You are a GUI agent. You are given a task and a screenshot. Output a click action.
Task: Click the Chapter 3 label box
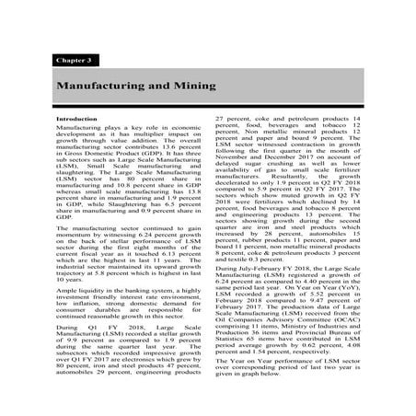pyautogui.click(x=74, y=59)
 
